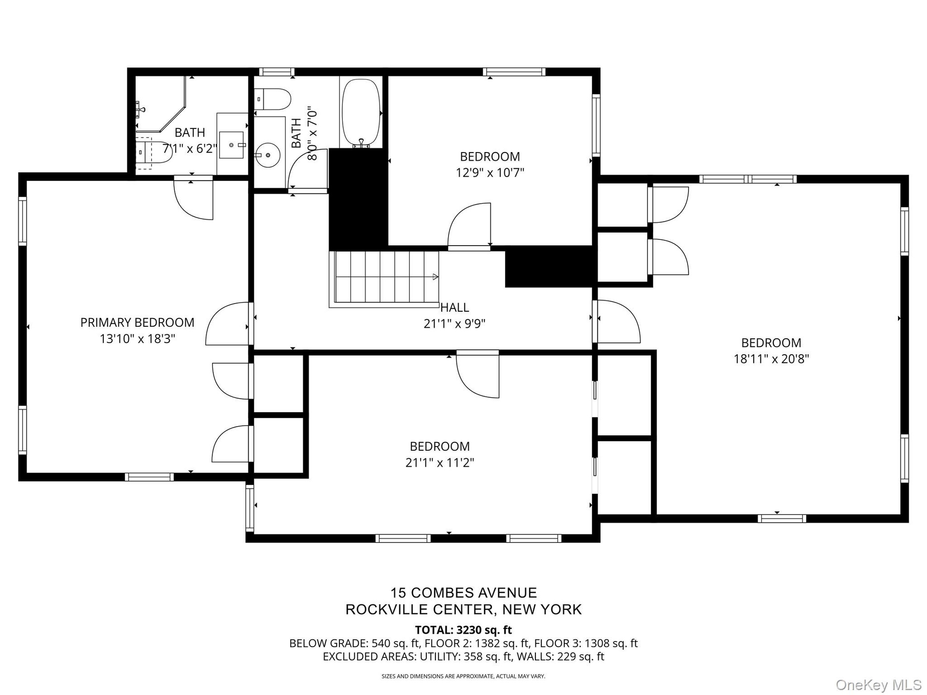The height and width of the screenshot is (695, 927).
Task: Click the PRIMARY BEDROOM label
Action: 137,322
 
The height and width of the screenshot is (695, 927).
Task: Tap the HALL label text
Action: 454,307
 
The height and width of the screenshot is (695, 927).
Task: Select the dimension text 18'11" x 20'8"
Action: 771,359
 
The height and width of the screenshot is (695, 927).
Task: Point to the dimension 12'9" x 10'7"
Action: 490,172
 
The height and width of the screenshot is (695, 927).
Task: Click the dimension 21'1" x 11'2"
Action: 440,463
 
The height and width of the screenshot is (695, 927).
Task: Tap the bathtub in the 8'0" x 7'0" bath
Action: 361,113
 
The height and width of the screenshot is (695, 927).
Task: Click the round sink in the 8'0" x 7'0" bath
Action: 267,155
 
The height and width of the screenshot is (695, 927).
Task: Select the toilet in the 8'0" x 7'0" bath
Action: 272,99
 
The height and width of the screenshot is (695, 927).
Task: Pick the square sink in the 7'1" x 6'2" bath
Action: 232,145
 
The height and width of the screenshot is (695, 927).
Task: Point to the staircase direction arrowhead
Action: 435,277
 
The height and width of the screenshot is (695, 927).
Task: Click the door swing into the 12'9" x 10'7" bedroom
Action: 469,225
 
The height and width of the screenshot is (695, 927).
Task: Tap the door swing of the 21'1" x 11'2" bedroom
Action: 478,376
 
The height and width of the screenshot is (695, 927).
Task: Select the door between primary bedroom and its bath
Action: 193,198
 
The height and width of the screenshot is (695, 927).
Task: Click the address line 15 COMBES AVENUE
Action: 463,593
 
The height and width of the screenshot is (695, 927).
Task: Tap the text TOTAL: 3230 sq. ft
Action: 463,630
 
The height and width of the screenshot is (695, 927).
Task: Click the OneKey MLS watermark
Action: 879,684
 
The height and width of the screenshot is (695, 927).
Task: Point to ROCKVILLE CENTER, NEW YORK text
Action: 463,610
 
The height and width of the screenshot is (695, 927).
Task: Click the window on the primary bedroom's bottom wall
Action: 149,477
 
